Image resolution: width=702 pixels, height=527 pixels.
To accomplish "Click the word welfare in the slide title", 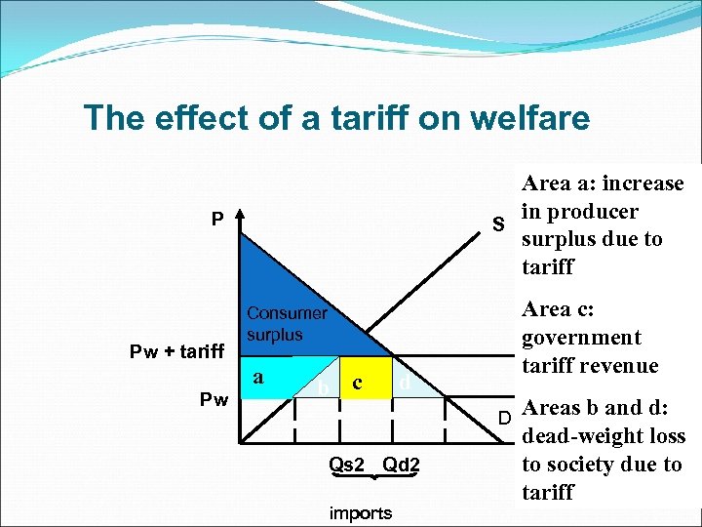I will pos(529,118).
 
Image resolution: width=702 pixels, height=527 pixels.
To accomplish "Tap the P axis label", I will pos(217,219).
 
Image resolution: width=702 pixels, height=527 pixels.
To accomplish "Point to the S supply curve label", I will pos(498,225).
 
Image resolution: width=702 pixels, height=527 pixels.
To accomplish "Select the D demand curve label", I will pos(505,418).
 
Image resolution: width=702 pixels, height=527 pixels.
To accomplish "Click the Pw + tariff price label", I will pos(178,351).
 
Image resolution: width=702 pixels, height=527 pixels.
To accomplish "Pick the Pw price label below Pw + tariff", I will pos(214,399).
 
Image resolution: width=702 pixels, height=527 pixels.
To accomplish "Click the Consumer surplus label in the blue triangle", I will pos(287,324).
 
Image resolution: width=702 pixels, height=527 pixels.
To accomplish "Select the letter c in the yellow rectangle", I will pos(358,384).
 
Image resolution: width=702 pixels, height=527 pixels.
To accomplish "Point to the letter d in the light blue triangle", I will pos(404,384).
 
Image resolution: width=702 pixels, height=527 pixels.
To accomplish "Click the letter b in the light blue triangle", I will pos(321,388).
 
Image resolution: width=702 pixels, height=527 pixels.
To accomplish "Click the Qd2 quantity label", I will pos(402,466).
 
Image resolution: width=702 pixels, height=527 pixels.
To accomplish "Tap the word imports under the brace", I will pos(361,512).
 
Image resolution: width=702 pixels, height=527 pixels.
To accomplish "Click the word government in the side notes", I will pos(581,338).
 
